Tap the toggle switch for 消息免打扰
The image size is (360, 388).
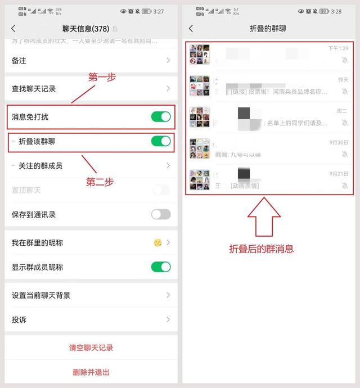[x=160, y=116]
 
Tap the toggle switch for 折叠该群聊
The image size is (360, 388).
[x=160, y=141]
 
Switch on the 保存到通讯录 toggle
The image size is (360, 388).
[x=160, y=214]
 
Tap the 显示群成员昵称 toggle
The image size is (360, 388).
[x=160, y=267]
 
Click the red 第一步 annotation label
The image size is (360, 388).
[x=102, y=78]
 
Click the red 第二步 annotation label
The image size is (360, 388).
[x=100, y=182]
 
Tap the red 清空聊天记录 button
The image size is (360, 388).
[x=91, y=348]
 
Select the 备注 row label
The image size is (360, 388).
[x=19, y=60]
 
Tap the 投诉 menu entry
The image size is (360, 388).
[x=19, y=319]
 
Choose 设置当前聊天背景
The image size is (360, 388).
[x=41, y=295]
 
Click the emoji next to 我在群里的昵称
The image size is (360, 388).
[x=157, y=243]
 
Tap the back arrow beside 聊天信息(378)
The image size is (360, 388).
[x=13, y=28]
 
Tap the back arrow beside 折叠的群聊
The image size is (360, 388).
[x=191, y=28]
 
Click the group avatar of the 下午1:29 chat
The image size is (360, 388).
[x=200, y=55]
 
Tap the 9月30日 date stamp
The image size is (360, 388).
[x=339, y=142]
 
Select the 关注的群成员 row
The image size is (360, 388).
[x=40, y=165]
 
